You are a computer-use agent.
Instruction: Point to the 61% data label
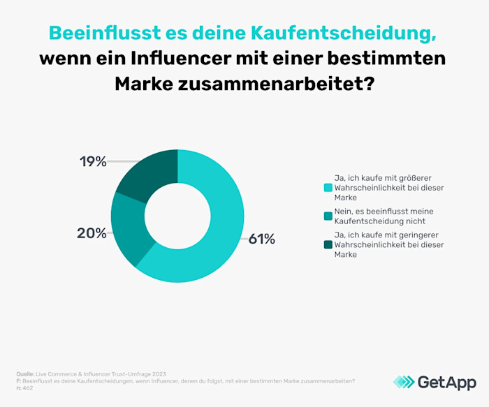tap(262, 239)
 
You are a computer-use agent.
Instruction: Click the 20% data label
tap(91, 233)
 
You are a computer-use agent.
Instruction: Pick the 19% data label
tap(92, 162)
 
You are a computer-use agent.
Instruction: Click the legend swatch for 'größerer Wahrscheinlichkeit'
tap(327, 188)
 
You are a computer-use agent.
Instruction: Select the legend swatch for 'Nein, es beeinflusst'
tap(327, 216)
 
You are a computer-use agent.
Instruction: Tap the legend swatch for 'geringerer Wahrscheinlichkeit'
tap(327, 244)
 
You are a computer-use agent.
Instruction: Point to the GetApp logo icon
tap(403, 382)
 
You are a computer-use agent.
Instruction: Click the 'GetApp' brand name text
tap(447, 382)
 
